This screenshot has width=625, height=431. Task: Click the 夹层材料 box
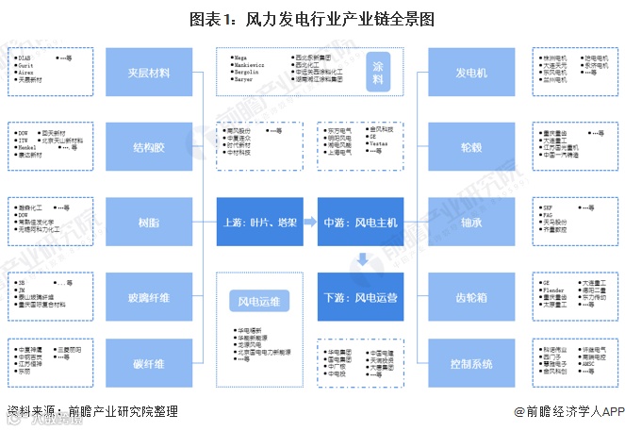148,73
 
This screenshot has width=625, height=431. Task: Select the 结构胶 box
148,147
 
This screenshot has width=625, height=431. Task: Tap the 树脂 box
148,223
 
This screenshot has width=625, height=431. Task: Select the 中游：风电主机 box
363,223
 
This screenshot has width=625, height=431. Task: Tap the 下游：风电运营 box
363,298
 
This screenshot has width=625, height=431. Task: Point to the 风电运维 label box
258,300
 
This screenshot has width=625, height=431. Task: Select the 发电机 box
471,73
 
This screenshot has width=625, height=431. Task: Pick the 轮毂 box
471,147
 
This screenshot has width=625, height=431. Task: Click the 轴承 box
471,223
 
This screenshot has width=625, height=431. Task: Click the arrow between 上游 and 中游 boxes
309,223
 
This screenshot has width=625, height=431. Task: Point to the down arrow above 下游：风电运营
363,258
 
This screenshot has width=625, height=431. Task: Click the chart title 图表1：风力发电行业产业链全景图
312,18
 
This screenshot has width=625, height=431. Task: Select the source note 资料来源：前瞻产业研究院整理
91,412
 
